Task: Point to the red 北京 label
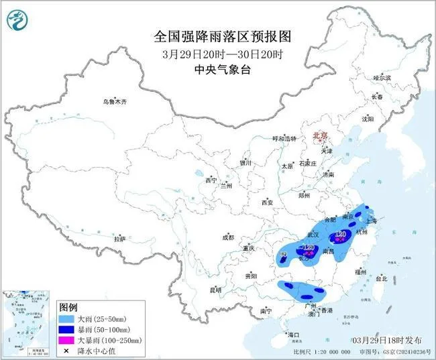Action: point(320,136)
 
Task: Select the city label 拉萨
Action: point(119,239)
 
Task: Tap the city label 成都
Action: point(228,237)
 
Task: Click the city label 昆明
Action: point(215,290)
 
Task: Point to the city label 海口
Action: point(292,334)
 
